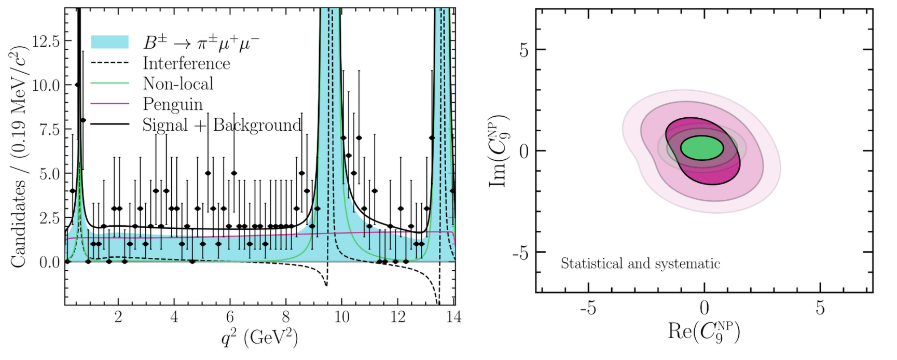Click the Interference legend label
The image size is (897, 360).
[186, 63]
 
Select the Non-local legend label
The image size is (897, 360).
[178, 84]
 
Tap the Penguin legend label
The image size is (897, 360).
[173, 104]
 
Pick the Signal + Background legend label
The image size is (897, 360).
[222, 125]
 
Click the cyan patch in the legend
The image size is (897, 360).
[109, 42]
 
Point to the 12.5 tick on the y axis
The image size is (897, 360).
[45, 41]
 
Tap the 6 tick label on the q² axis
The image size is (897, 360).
[230, 316]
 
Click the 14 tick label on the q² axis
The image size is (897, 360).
[453, 316]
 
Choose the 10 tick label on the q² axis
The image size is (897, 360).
[341, 316]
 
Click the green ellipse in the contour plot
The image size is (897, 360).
[701, 148]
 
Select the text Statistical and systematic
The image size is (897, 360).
[640, 264]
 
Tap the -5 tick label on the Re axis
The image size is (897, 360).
[588, 309]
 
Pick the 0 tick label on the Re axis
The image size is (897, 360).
[704, 309]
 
